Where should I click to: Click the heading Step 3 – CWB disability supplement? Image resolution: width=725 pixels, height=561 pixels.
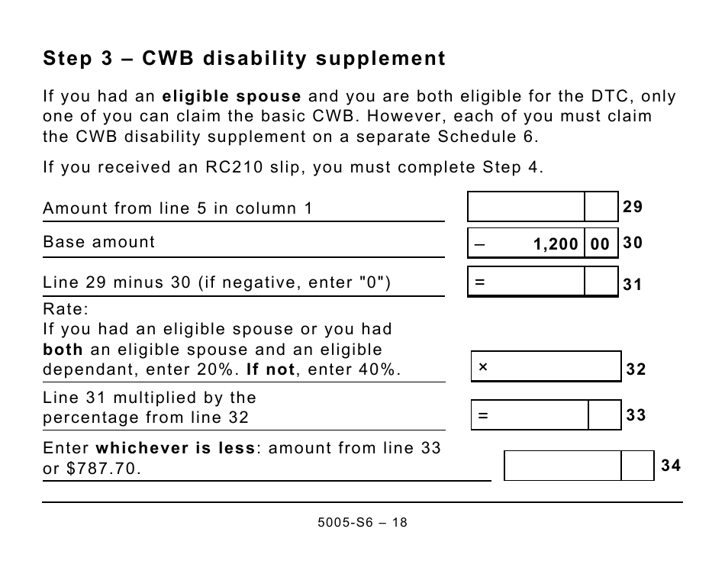244,59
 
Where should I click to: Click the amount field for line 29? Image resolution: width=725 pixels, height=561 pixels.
526,207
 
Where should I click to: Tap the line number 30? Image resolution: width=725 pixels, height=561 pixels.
633,243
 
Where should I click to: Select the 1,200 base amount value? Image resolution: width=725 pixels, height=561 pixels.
556,244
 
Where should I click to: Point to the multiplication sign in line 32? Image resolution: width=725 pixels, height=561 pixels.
482,367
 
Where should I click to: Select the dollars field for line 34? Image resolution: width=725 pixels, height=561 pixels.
563,466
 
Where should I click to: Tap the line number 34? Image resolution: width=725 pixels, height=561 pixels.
671,466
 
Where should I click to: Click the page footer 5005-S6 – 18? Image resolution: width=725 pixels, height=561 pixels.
362,523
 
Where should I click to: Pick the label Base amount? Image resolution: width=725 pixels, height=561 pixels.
98,242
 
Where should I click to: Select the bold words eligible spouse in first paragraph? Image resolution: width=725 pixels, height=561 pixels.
232,97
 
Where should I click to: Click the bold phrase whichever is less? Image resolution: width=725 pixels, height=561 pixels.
175,448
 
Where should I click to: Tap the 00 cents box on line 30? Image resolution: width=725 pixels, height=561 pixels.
601,244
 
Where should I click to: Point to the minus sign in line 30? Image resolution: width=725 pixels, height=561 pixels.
479,244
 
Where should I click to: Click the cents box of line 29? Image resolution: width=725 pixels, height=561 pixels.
601,207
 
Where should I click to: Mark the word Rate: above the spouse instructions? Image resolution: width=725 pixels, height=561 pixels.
66,309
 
